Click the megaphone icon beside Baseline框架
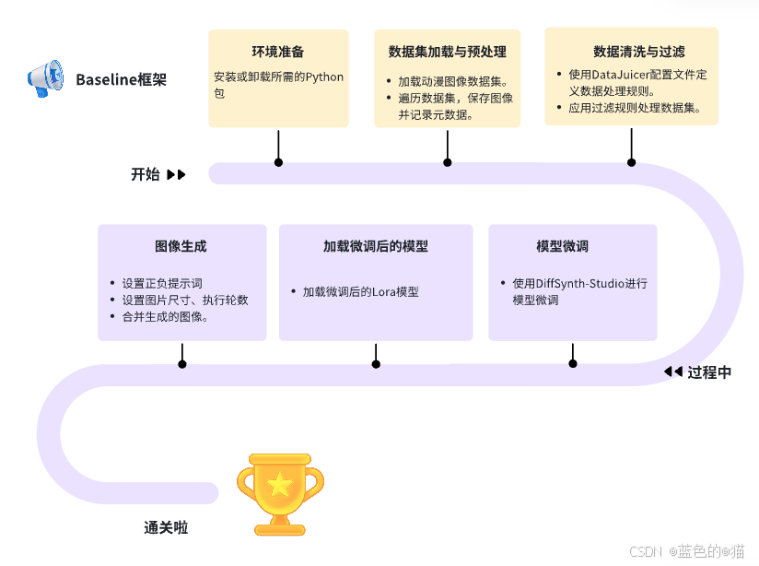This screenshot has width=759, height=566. pyautogui.click(x=45, y=78)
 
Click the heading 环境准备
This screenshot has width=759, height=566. pyautogui.click(x=278, y=52)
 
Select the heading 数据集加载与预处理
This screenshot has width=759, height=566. pyautogui.click(x=448, y=52)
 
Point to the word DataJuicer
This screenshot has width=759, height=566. pyautogui.click(x=625, y=75)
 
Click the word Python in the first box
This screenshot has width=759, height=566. pyautogui.click(x=323, y=77)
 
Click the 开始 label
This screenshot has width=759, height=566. pyautogui.click(x=145, y=174)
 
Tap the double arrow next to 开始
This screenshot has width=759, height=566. pyautogui.click(x=176, y=174)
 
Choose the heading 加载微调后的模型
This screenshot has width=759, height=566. pyautogui.click(x=375, y=246)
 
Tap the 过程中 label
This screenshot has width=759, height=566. pyautogui.click(x=709, y=372)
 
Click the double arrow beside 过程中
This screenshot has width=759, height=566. pyautogui.click(x=672, y=372)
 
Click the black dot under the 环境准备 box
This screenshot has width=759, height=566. pyautogui.click(x=278, y=162)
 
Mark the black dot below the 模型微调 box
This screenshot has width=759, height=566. pyautogui.click(x=573, y=364)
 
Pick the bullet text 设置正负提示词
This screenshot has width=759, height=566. pyautogui.click(x=162, y=283)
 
